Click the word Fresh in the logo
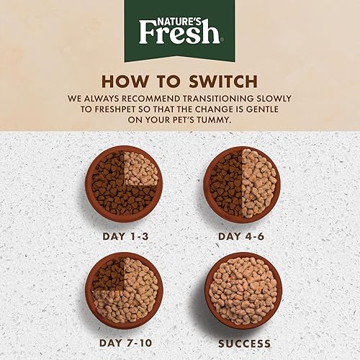179,32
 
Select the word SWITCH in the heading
215,81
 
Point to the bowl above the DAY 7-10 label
124,290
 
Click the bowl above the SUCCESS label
241,290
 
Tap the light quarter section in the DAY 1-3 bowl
141,168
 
